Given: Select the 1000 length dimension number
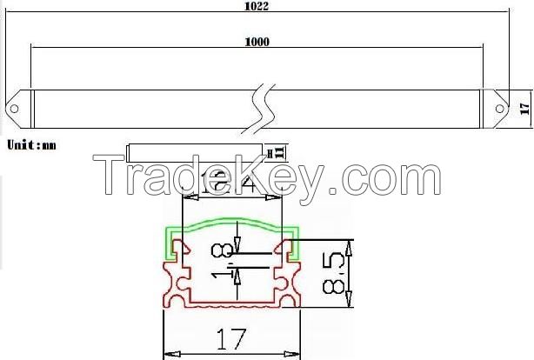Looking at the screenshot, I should coord(257,42).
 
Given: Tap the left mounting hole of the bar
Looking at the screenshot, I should coord(15,109).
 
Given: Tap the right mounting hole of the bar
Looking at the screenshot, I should coord(502,109).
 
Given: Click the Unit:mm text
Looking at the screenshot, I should coord(31,144).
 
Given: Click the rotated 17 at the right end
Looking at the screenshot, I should coord(524,108).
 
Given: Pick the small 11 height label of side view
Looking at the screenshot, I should coord(280,152).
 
